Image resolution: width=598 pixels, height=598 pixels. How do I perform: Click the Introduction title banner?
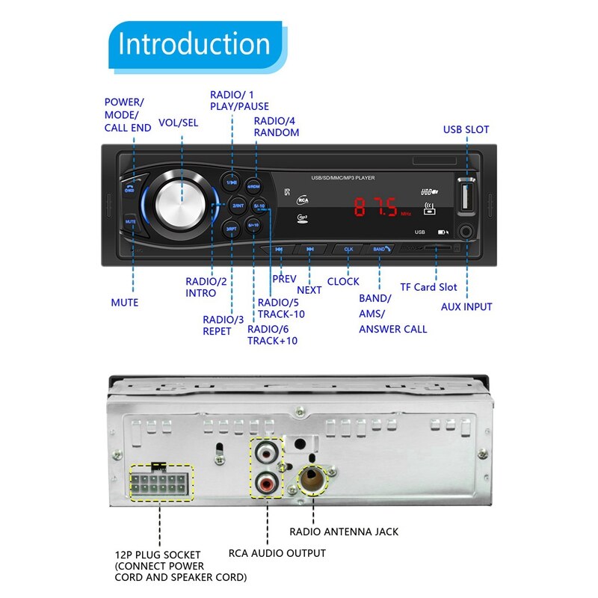[194, 44]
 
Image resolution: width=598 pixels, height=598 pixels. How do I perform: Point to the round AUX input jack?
[466, 232]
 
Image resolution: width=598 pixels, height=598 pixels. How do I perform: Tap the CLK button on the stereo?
[348, 249]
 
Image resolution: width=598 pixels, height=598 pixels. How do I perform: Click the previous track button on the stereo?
[279, 250]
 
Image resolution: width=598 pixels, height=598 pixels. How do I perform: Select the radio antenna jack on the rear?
[312, 481]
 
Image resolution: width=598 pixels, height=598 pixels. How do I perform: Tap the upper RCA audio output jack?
[267, 453]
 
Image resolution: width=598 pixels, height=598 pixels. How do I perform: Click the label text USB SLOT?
[466, 129]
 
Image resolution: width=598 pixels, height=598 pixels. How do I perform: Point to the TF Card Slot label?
[428, 287]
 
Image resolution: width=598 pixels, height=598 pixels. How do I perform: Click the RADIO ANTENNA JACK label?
[344, 531]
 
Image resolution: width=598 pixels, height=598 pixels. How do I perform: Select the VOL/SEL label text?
[178, 123]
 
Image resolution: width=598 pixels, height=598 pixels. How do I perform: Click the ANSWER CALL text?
[393, 329]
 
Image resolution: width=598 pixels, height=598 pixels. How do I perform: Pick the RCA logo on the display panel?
[303, 200]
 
